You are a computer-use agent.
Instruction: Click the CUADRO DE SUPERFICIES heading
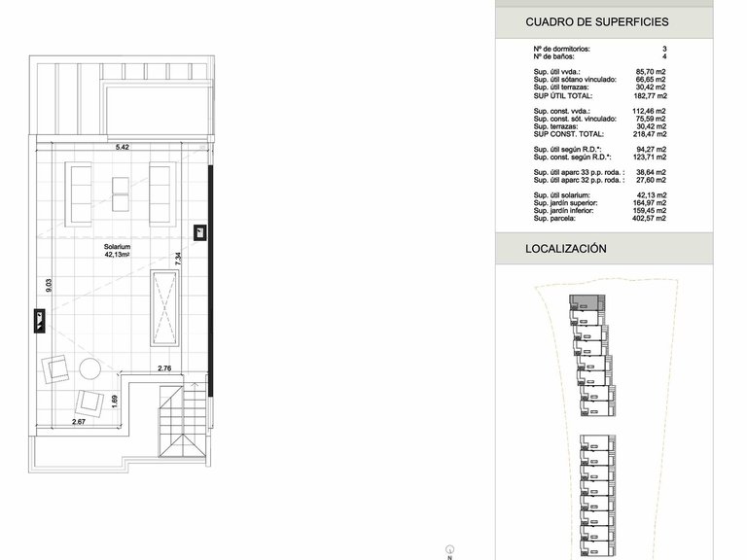pyautogui.click(x=597, y=22)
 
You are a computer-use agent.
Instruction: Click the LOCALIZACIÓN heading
pyautogui.click(x=566, y=249)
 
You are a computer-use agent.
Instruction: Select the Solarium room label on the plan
pyautogui.click(x=117, y=247)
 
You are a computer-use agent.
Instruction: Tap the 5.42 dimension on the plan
pyautogui.click(x=123, y=147)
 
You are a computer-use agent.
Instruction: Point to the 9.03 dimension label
pyautogui.click(x=49, y=285)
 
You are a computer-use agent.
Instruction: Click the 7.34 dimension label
pyautogui.click(x=178, y=259)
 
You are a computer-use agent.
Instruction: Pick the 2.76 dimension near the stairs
pyautogui.click(x=164, y=368)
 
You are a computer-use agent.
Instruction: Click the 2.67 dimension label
pyautogui.click(x=79, y=421)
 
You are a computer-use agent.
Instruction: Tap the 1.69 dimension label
pyautogui.click(x=114, y=402)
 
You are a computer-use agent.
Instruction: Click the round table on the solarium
pyautogui.click(x=89, y=368)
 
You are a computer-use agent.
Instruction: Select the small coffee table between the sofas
pyautogui.click(x=121, y=194)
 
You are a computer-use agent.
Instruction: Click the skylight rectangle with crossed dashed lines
pyautogui.click(x=164, y=307)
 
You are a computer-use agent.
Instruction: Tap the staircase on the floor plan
pyautogui.click(x=183, y=421)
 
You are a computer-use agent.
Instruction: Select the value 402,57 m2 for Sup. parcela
pyautogui.click(x=650, y=218)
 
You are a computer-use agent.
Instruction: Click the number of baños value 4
pyautogui.click(x=664, y=56)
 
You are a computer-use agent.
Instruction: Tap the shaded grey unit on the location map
pyautogui.click(x=585, y=302)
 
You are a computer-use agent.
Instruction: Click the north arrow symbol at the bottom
pyautogui.click(x=450, y=551)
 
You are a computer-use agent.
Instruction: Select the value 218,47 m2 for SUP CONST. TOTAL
pyautogui.click(x=650, y=134)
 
